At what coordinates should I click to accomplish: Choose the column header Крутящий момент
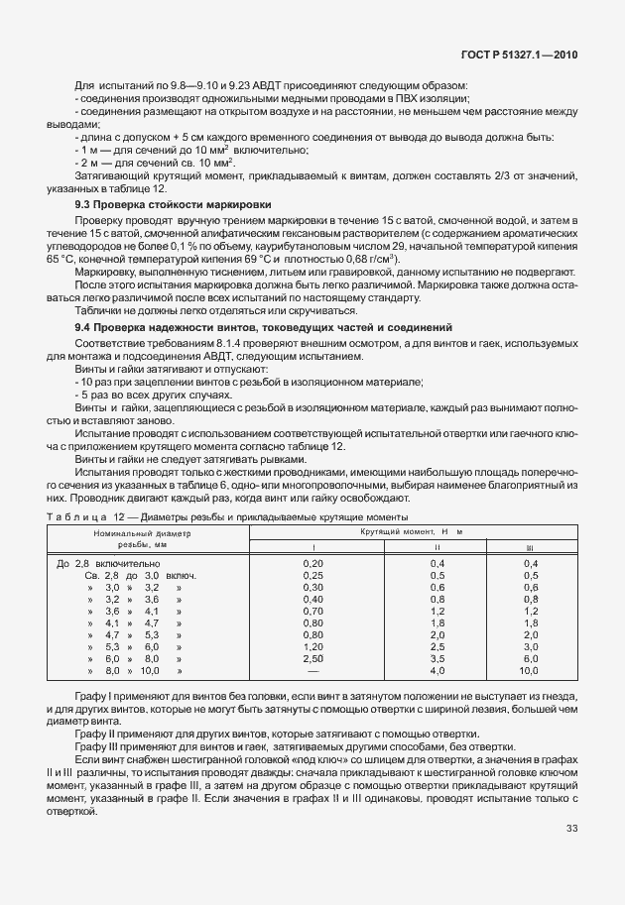point(412,532)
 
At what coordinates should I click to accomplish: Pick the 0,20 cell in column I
point(312,563)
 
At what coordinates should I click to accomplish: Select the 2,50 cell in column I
point(312,658)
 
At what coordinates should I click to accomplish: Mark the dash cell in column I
point(312,670)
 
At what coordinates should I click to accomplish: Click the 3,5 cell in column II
point(436,658)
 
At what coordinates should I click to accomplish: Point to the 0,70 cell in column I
point(312,611)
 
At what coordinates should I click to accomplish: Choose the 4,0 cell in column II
point(436,670)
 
